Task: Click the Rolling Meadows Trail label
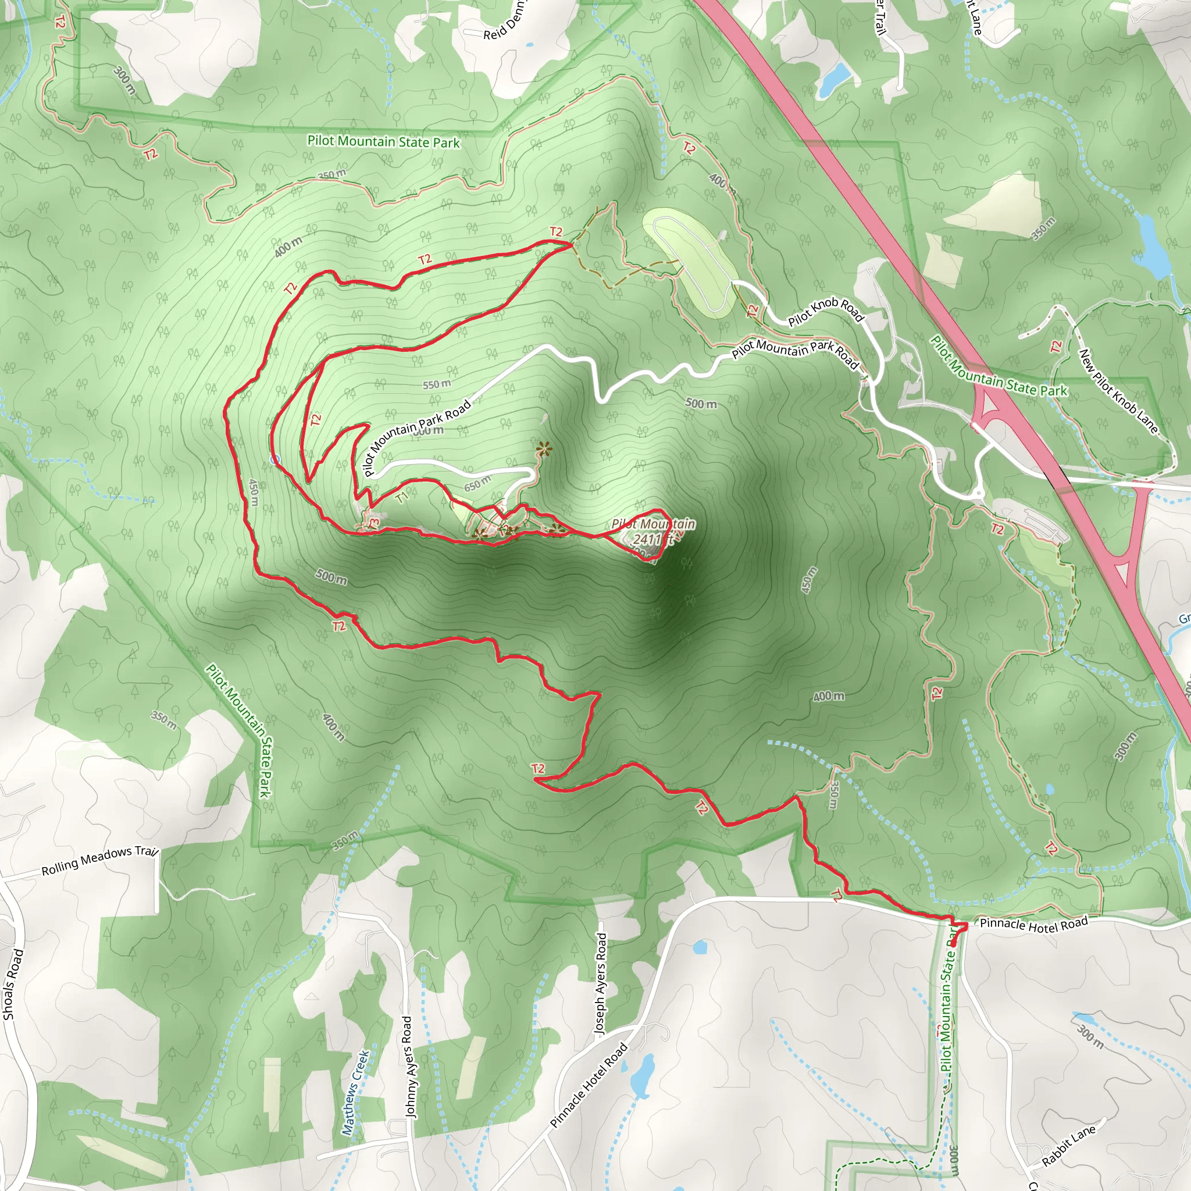coord(100,861)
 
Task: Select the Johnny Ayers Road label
coord(409,1067)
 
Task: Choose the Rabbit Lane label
coord(1069,1146)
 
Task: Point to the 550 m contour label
coord(437,384)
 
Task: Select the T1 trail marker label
coord(402,497)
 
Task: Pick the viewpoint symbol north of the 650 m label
coord(543,450)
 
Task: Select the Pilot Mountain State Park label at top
coord(383,142)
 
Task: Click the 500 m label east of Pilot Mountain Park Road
coord(701,404)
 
